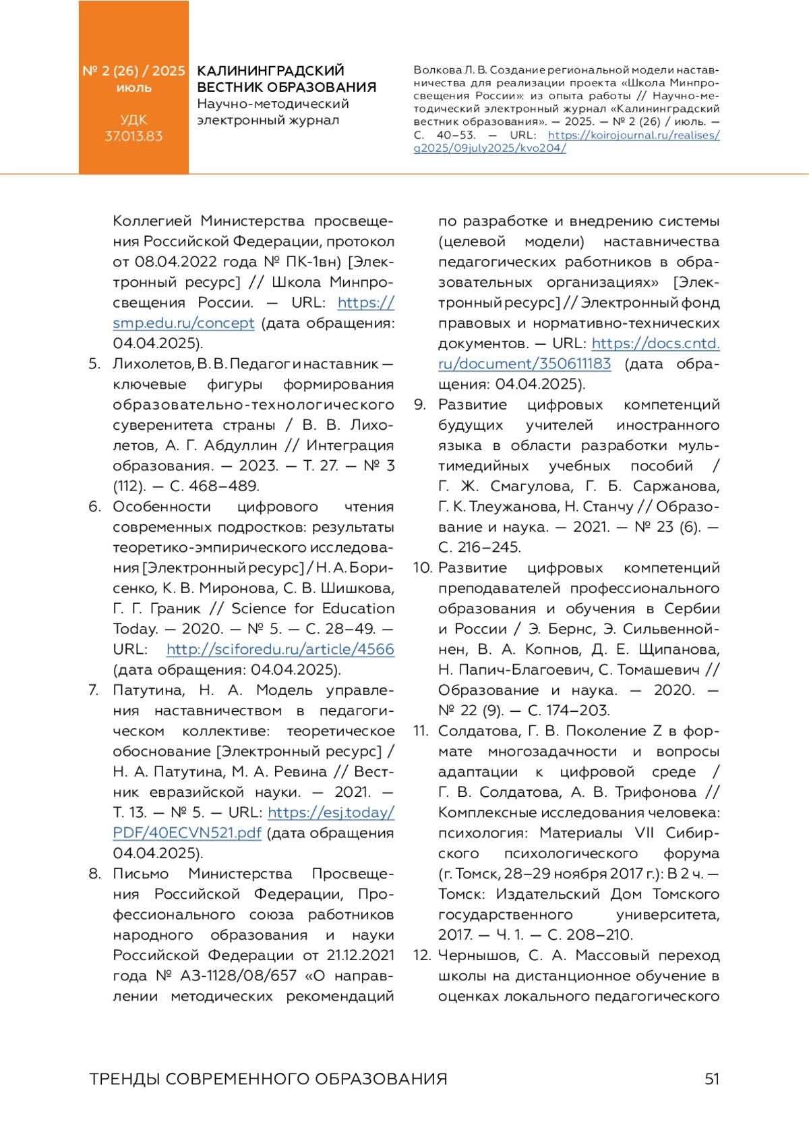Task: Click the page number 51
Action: pos(712,1078)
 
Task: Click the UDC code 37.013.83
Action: pos(133,136)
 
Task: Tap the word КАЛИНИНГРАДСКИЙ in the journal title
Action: pos(270,71)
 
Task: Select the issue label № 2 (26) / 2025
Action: pos(133,71)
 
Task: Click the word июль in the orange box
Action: pos(133,88)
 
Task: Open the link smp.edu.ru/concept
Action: pos(183,323)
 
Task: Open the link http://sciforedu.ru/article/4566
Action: pos(280,649)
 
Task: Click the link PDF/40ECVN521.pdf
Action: pos(187,833)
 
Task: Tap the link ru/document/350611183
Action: pos(525,364)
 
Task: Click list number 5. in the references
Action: pos(94,364)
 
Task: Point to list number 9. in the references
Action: pos(420,404)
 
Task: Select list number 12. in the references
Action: pos(422,955)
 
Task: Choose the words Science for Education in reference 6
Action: pos(313,608)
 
